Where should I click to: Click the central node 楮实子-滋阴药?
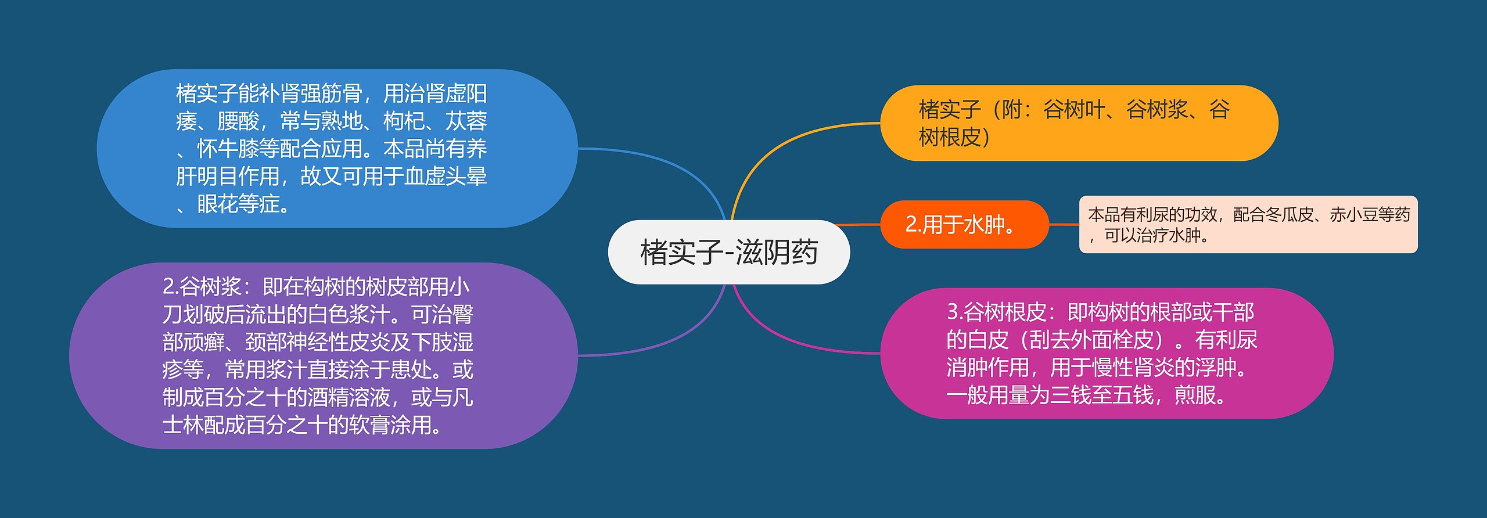click(x=728, y=252)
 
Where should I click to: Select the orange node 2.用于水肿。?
click(x=964, y=224)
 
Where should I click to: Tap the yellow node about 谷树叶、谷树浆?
click(x=1079, y=123)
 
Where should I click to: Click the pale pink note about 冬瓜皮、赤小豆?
click(x=1248, y=225)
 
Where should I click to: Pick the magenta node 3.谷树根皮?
click(x=1107, y=353)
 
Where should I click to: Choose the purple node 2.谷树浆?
click(x=323, y=355)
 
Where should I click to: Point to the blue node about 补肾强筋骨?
click(x=337, y=149)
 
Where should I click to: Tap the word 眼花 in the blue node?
click(x=217, y=204)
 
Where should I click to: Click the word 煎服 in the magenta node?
click(x=1195, y=395)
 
